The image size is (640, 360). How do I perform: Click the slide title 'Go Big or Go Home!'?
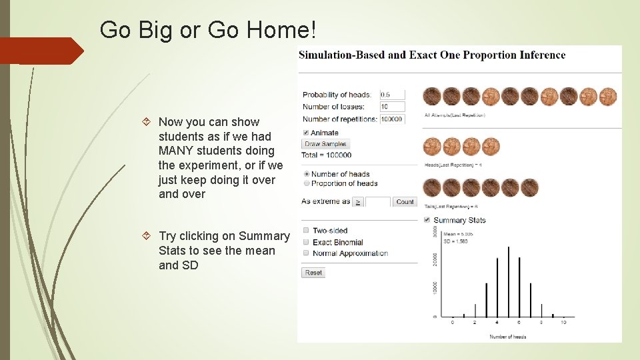click(208, 29)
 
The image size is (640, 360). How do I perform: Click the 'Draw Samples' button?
click(325, 144)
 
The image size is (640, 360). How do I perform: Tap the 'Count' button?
click(405, 201)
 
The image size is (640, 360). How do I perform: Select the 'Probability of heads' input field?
click(393, 95)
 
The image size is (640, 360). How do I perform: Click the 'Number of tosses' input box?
click(393, 107)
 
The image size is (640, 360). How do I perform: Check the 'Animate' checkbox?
click(306, 133)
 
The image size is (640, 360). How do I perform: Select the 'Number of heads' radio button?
click(306, 174)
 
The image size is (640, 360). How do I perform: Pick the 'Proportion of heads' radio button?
click(306, 183)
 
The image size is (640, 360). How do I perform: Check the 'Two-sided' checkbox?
click(306, 231)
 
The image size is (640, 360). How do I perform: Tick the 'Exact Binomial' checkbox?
click(306, 242)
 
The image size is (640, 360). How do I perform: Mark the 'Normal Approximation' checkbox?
click(306, 253)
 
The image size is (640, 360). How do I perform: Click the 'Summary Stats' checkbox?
click(427, 220)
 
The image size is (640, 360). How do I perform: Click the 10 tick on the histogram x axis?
click(563, 323)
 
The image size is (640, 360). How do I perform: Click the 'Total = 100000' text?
click(326, 155)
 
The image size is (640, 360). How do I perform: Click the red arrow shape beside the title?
click(41, 51)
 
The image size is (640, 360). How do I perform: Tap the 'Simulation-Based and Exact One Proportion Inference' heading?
click(432, 55)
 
